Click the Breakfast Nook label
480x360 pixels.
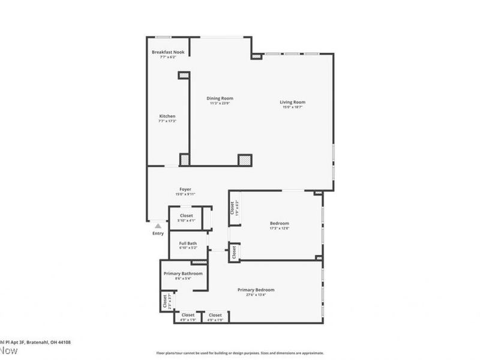tap(167, 52)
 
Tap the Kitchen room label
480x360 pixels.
tap(167, 116)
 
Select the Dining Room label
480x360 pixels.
tap(220, 98)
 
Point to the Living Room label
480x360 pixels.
tap(293, 102)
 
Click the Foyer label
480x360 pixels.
tap(185, 190)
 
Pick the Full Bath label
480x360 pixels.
tap(188, 243)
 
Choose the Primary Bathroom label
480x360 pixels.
tap(183, 274)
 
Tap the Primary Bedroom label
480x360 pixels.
tap(256, 290)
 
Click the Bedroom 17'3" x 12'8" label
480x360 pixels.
tap(280, 223)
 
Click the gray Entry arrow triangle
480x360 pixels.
tap(158, 226)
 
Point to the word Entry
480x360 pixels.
tap(158, 233)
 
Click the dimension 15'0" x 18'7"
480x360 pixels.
tap(293, 107)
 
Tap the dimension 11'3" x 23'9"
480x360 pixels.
tap(220, 103)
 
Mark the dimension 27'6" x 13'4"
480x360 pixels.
tap(256, 295)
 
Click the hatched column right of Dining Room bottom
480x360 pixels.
tap(245, 160)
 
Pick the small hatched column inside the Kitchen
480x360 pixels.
tap(183, 75)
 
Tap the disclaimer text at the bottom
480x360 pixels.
tap(240, 353)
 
